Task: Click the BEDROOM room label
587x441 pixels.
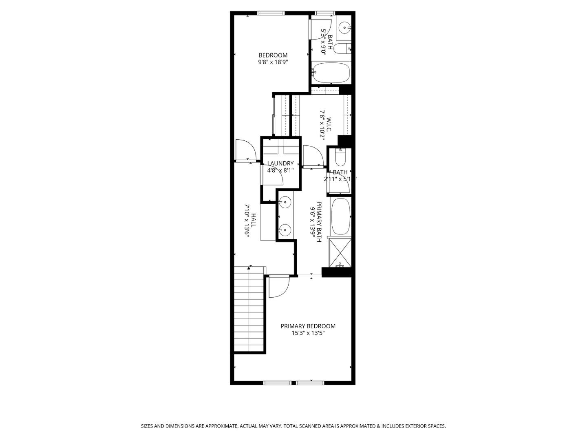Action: pos(273,55)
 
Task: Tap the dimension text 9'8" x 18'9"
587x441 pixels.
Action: pos(273,62)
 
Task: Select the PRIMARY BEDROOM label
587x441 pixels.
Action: pos(308,326)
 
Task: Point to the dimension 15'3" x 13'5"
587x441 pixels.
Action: pos(308,333)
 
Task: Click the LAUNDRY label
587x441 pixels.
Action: pos(280,163)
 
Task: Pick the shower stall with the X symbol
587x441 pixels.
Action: pos(340,252)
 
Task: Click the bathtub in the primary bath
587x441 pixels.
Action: pos(340,216)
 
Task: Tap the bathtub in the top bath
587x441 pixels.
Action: pos(331,73)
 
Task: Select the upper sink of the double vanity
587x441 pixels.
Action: pos(285,202)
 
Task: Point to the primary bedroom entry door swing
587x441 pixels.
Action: pos(279,286)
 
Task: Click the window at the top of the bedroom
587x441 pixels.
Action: pos(271,13)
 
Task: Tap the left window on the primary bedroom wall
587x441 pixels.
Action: pos(277,383)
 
